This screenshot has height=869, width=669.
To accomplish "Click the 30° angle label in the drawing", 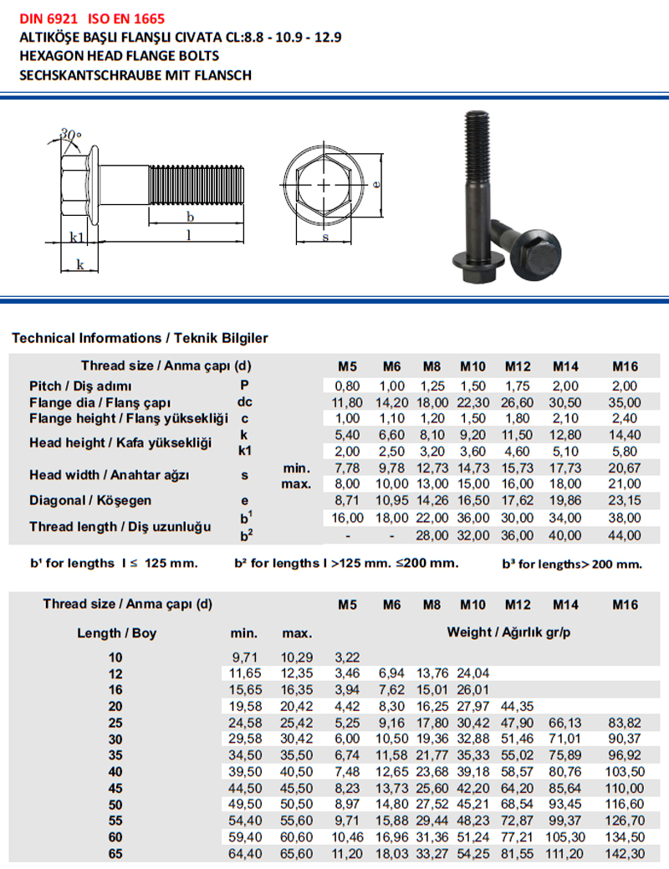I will coord(71,134).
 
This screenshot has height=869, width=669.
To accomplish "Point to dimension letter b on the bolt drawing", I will coord(191,217).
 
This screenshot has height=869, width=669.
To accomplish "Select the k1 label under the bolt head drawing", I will coord(76,238).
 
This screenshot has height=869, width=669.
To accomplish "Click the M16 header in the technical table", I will coord(625,366).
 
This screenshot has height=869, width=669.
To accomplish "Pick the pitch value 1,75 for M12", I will coord(518,386).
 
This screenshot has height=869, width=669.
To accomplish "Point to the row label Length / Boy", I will coord(117,633).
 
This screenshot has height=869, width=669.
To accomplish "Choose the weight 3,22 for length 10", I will coord(347,657).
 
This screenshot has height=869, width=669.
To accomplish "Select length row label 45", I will coord(115,788).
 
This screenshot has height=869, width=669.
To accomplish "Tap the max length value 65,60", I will coord(297,853).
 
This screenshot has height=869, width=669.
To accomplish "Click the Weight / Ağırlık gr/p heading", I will coord(508,631).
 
